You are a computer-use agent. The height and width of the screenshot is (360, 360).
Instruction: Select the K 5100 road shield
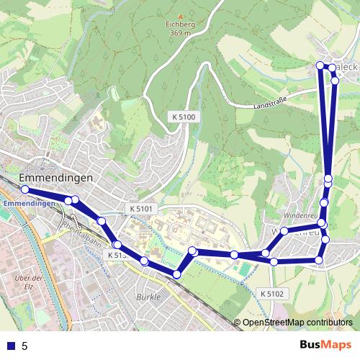[x=184, y=116]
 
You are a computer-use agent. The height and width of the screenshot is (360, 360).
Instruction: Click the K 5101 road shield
[x=142, y=209]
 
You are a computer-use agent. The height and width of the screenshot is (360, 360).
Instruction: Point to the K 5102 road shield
[x=271, y=293]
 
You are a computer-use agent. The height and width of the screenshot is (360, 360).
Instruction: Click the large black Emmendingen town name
[x=55, y=177]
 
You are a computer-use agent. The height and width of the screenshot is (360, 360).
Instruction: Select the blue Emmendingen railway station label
[x=29, y=204]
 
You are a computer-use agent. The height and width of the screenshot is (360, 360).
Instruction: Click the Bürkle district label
[x=148, y=296]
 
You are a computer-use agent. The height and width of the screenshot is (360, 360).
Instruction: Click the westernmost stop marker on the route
[x=24, y=189]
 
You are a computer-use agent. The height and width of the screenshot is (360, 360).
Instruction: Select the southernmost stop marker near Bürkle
[x=177, y=274]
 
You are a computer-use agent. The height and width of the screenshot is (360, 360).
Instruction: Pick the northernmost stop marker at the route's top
[x=321, y=66]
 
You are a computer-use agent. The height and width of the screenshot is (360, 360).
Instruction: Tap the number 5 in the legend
[x=24, y=346]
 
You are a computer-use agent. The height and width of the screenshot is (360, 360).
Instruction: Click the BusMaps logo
[x=325, y=345]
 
